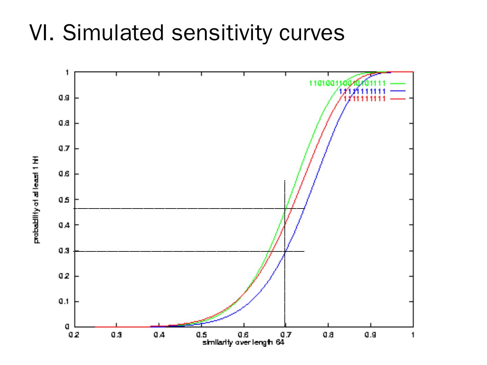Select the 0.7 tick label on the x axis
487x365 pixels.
coord(285,335)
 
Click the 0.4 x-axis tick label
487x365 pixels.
coord(159,335)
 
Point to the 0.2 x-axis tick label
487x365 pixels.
coord(74,335)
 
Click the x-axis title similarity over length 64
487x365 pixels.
coord(243,343)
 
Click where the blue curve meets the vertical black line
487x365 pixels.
coord(285,252)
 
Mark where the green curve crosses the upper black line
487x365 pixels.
coord(286,209)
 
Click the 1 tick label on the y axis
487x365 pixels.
coord(67,72)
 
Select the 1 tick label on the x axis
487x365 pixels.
coord(413,335)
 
